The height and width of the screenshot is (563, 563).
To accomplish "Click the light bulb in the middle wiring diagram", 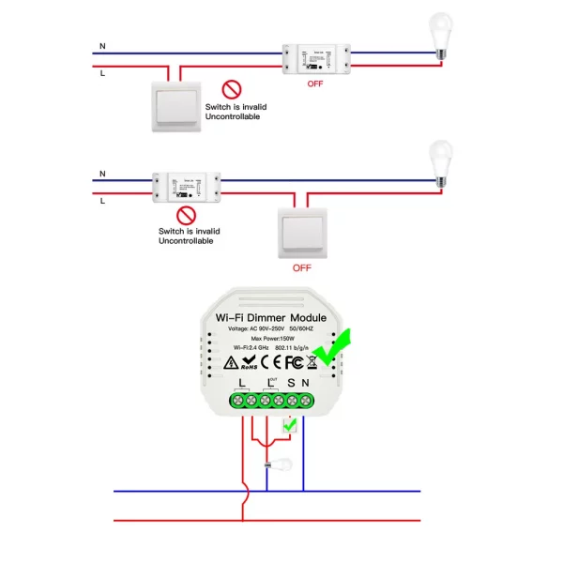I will [x=439, y=160].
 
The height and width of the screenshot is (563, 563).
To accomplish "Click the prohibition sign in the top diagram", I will [x=231, y=90].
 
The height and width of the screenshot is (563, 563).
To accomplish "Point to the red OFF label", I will [x=319, y=84].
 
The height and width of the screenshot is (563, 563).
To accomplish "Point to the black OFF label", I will [x=301, y=267].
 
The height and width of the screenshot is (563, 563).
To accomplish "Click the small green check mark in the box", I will [x=289, y=427].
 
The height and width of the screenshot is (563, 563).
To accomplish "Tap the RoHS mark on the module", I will [x=248, y=360].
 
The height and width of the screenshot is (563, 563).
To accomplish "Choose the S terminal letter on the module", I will [x=290, y=383].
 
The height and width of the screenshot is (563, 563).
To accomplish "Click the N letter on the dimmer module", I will [x=306, y=383].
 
